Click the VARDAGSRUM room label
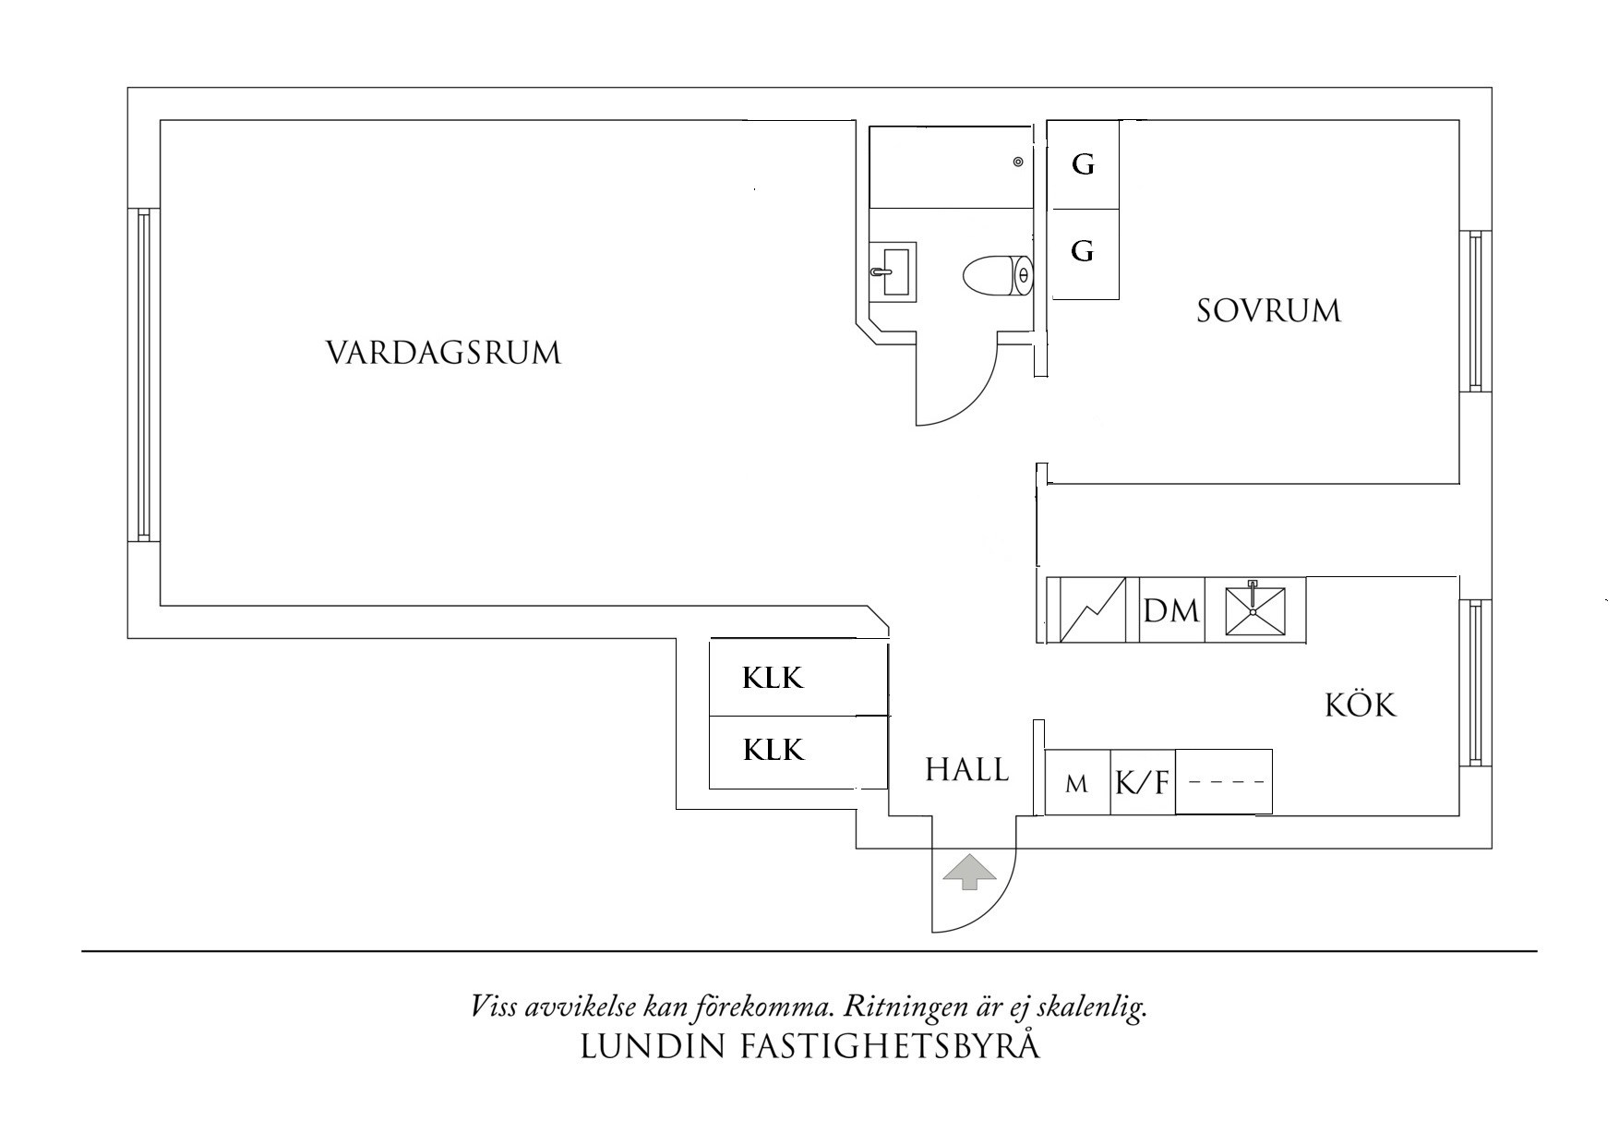[443, 353]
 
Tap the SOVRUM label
[1268, 310]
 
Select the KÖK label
[1361, 705]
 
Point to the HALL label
[967, 769]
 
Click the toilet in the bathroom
[997, 275]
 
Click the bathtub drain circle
[1018, 162]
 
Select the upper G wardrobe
[1083, 165]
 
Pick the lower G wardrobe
[1083, 251]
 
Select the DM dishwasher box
[1170, 610]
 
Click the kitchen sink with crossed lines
[1253, 610]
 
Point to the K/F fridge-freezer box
[1142, 784]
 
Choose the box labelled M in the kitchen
[1076, 784]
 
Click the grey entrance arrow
[968, 872]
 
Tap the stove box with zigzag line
[1093, 610]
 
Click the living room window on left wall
[143, 375]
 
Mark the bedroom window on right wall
[1474, 311]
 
